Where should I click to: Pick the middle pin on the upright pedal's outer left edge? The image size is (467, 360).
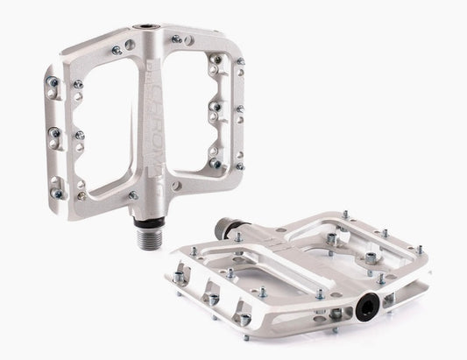tap(53, 133)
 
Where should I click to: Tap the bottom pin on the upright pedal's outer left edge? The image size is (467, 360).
tap(57, 193)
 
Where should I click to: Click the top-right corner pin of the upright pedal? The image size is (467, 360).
tap(239, 61)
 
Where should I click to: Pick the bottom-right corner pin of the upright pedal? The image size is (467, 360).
tap(239, 166)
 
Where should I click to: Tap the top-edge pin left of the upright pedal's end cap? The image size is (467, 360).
tap(117, 51)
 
